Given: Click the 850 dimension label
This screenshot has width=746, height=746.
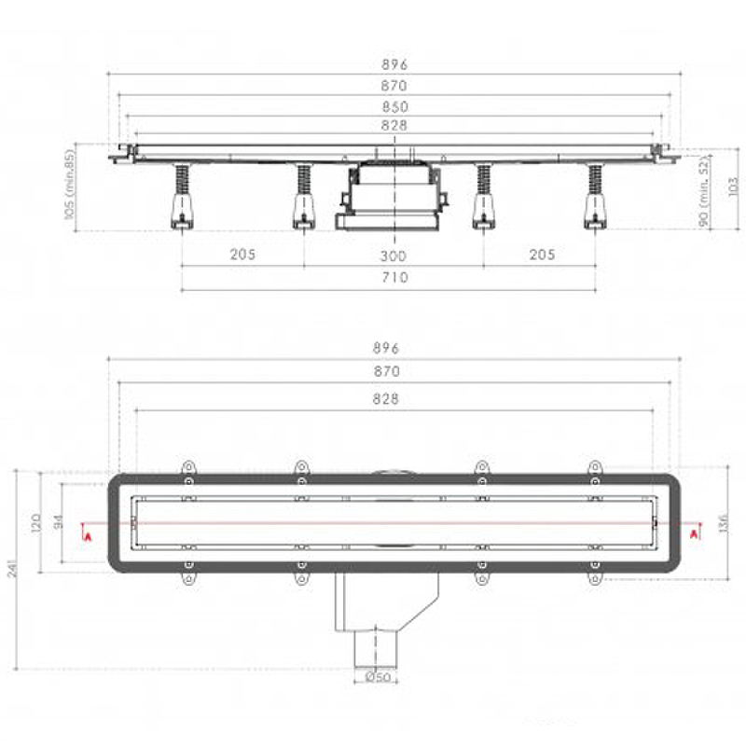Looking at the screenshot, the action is click(x=394, y=106).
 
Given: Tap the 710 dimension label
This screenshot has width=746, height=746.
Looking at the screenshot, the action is click(x=394, y=277).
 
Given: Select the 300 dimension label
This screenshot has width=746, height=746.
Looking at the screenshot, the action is click(x=394, y=256).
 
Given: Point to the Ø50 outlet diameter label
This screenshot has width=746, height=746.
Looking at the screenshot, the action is click(x=378, y=677).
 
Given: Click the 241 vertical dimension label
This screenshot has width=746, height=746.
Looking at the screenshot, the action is click(x=12, y=568).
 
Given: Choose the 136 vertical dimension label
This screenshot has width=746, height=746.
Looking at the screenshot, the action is click(x=724, y=523).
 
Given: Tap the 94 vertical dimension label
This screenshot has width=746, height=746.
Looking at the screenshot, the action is click(x=59, y=521).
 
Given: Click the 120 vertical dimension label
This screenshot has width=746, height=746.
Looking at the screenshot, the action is click(x=35, y=523).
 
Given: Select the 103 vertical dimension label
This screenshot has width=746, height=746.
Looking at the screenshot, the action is click(x=733, y=186).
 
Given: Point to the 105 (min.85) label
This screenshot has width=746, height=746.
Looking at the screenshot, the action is click(x=69, y=185).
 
